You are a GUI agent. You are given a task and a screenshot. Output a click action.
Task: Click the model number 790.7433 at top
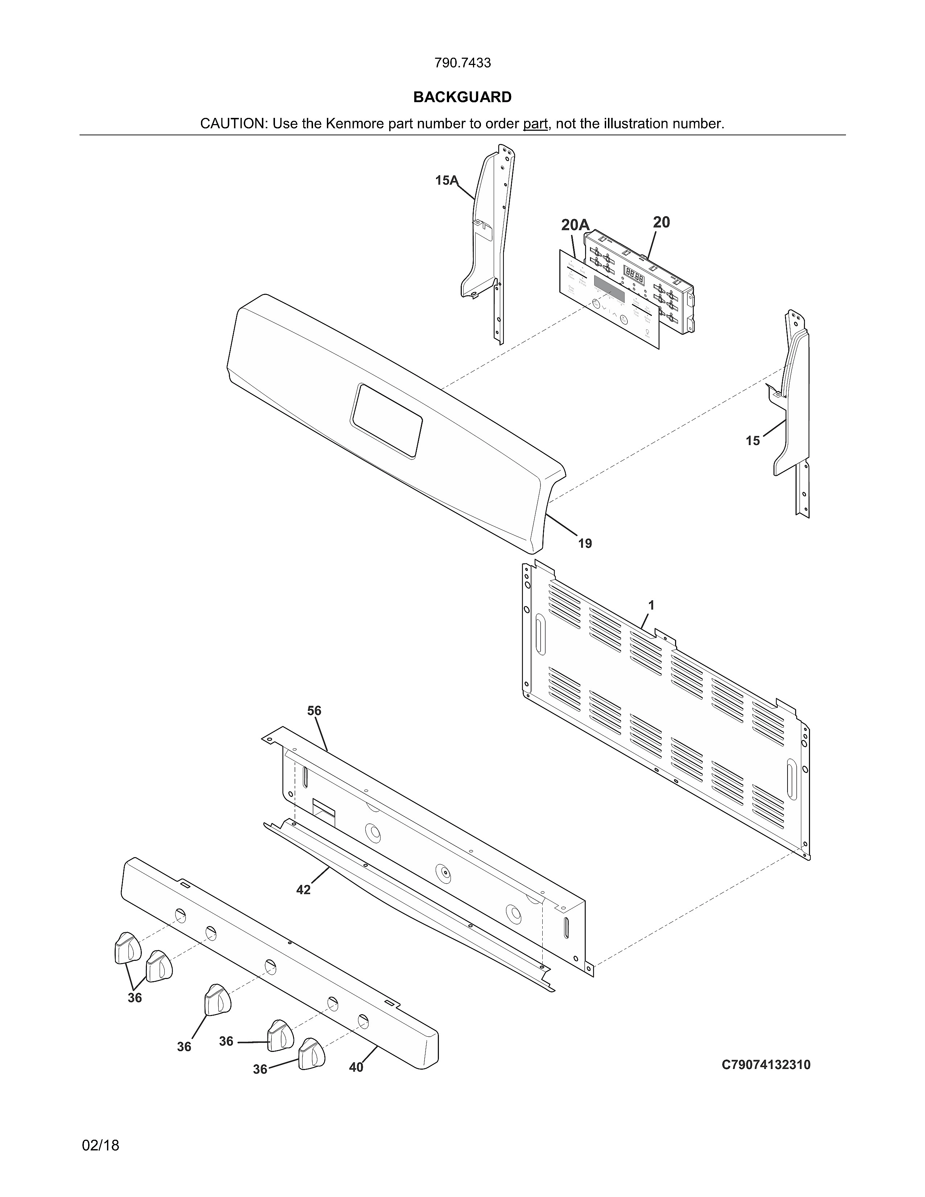[x=462, y=63]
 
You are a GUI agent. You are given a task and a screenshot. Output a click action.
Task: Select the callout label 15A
[x=447, y=180]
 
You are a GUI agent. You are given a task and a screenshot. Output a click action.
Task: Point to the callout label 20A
[x=575, y=225]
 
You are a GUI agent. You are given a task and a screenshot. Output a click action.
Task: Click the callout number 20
[x=661, y=222]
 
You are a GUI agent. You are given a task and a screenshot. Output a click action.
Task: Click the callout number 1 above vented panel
[x=651, y=605]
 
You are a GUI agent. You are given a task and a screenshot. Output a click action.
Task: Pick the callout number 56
[x=314, y=711]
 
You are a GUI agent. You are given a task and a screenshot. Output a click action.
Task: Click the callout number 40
[x=356, y=1067]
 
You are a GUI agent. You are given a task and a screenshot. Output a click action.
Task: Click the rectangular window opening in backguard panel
[x=387, y=420]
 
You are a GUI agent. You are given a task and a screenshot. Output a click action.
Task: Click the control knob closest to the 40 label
[x=311, y=1053]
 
